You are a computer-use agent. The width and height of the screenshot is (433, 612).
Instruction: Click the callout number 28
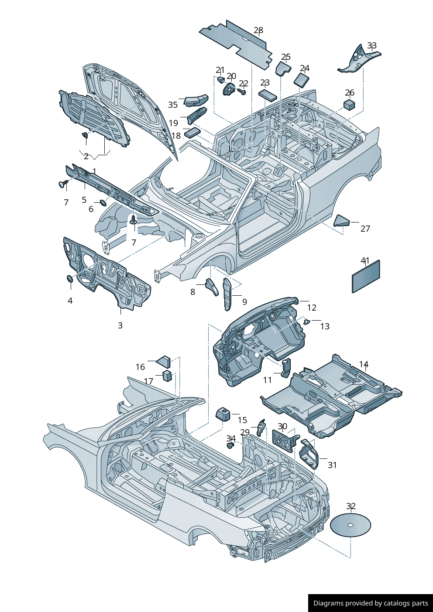click(x=258, y=31)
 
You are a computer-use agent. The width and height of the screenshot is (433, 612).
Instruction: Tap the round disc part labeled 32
click(x=350, y=525)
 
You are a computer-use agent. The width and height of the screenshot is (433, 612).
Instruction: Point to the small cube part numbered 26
click(x=349, y=104)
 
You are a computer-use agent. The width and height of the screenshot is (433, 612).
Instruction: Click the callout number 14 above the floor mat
click(x=364, y=364)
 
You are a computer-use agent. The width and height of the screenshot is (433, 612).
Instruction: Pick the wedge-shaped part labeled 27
click(x=342, y=221)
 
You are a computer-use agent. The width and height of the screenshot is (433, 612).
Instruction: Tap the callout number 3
click(x=120, y=325)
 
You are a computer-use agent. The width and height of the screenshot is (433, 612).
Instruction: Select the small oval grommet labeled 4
click(x=69, y=279)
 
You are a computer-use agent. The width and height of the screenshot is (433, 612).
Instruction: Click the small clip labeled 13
click(x=306, y=322)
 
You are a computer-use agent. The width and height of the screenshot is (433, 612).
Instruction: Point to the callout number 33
click(x=372, y=46)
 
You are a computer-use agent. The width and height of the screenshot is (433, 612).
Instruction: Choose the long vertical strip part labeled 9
click(x=227, y=295)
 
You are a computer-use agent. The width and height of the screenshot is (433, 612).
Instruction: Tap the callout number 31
click(x=332, y=465)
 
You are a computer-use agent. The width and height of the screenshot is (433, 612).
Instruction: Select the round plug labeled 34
click(x=230, y=446)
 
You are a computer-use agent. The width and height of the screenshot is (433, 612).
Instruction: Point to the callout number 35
click(x=173, y=105)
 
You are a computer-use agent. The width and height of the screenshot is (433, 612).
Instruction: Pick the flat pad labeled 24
click(x=301, y=79)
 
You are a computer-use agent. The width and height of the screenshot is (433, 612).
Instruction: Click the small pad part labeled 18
click(x=192, y=132)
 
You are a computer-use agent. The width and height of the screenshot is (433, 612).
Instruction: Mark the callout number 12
click(x=312, y=308)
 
